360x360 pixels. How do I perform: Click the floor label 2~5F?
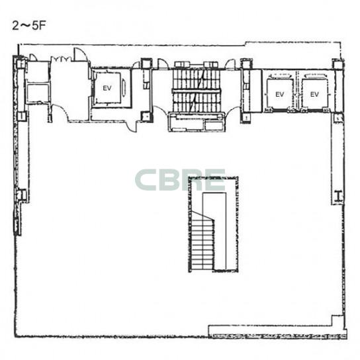tap(29, 26)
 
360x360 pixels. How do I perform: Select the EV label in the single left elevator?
tap(107, 88)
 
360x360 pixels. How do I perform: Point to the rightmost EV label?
tap(314, 94)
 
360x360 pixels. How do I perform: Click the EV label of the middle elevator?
tap(280, 94)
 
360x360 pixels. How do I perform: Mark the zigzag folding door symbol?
tap(61, 59)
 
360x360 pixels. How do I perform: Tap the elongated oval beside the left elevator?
tap(124, 87)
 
